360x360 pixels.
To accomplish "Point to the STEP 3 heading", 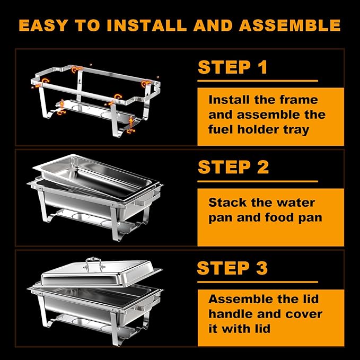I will (232, 268).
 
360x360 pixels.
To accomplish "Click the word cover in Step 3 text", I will (303, 314).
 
